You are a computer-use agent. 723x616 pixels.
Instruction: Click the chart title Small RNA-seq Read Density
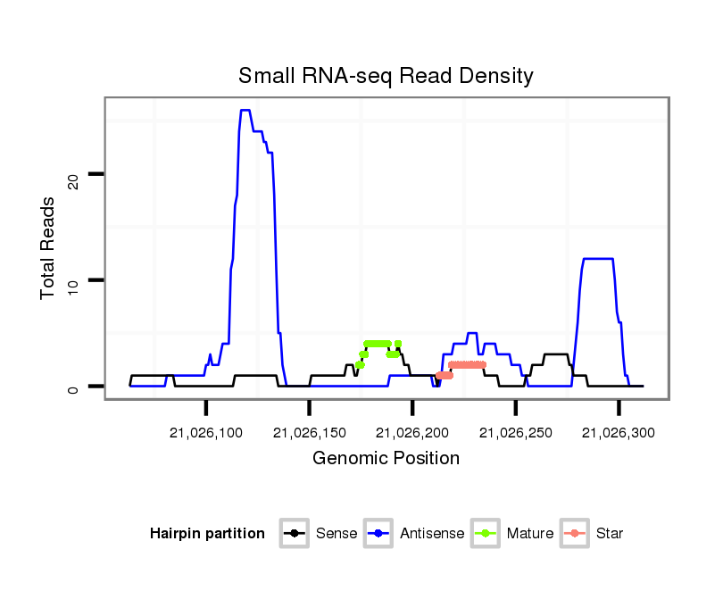point(386,76)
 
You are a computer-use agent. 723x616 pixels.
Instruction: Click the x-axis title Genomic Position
point(386,459)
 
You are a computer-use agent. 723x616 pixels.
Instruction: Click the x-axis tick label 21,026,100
point(206,433)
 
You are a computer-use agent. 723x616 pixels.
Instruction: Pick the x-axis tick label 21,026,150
point(310,433)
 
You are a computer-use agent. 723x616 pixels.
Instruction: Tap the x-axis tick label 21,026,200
point(412,433)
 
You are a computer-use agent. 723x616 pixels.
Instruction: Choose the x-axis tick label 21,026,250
point(516,433)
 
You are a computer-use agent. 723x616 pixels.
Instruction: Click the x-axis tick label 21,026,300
point(619,433)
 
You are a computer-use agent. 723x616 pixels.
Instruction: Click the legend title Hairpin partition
point(207,534)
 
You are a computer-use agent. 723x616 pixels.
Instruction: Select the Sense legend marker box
point(293,534)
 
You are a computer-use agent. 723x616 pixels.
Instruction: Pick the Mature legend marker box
point(486,534)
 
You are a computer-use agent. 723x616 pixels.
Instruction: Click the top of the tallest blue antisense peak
point(245,111)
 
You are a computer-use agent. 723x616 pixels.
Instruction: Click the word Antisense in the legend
point(432,534)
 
